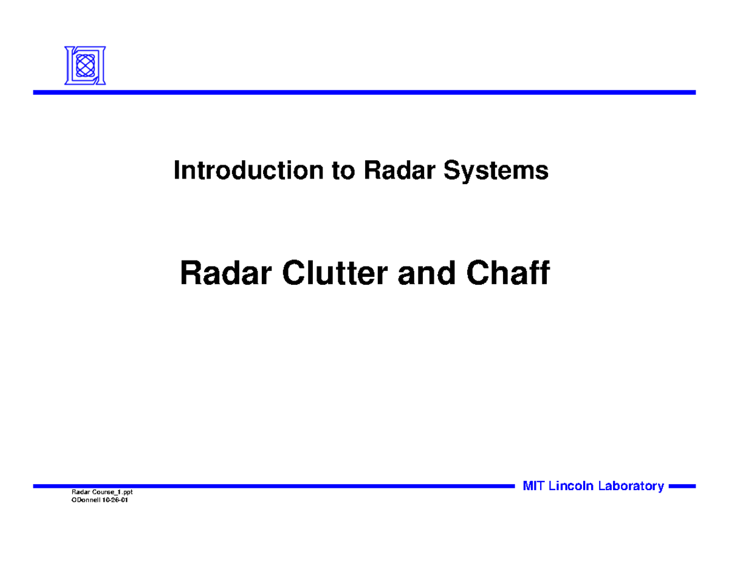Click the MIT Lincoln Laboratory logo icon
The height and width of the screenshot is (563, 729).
tap(85, 65)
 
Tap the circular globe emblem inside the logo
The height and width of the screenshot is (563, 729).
tap(85, 64)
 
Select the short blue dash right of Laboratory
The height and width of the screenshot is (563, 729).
tap(681, 486)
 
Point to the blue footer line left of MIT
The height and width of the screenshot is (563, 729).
tap(273, 486)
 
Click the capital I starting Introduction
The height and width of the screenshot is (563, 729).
tap(177, 171)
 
